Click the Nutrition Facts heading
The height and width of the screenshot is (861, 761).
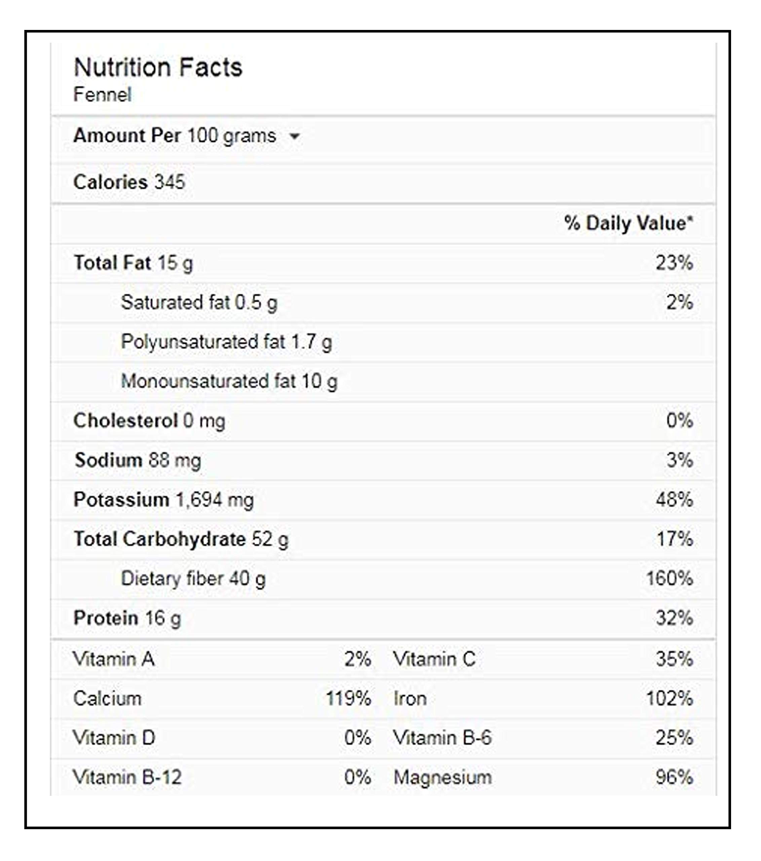[x=158, y=67]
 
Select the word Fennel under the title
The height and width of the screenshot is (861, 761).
[x=102, y=95]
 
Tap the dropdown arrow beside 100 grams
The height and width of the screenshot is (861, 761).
[x=294, y=136]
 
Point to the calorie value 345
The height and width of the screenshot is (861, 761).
[x=170, y=182]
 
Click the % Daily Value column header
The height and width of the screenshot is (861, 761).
[x=629, y=223]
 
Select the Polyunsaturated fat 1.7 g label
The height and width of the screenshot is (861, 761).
[x=227, y=342]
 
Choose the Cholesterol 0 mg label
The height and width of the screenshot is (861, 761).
[x=150, y=421]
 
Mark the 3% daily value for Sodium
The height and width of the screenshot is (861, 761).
[x=680, y=459]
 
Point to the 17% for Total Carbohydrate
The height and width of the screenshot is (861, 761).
[x=675, y=539]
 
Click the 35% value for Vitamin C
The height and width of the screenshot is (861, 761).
[x=674, y=659]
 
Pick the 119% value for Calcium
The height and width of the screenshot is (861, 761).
[x=348, y=699]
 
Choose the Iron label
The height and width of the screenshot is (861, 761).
[x=410, y=699]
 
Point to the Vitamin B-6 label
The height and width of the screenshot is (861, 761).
[x=442, y=738]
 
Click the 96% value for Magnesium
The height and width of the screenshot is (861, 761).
[x=674, y=777]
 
